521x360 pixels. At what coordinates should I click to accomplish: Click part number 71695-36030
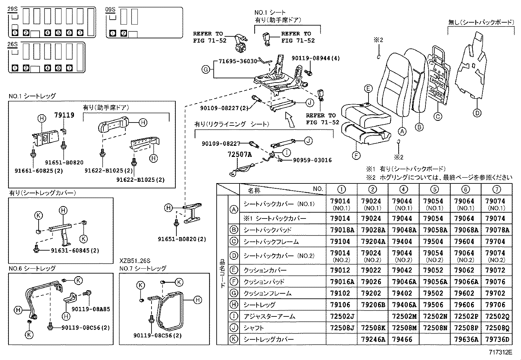click(238, 61)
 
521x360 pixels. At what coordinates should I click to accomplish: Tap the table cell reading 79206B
click(372, 305)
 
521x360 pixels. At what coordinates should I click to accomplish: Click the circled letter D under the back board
click(477, 113)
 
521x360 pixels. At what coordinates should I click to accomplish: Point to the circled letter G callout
click(206, 69)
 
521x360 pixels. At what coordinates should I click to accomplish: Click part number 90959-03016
click(312, 160)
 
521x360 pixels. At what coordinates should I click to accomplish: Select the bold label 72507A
click(240, 154)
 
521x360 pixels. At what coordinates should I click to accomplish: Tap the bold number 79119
click(64, 115)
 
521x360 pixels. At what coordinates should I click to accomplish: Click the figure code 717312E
click(501, 352)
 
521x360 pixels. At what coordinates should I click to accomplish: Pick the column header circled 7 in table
click(496, 189)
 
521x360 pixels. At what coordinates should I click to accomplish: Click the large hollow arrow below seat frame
click(290, 120)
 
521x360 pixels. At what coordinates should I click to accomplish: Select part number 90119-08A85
click(91, 309)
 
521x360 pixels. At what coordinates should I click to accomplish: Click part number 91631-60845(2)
click(75, 251)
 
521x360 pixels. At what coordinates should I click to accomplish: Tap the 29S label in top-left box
click(12, 9)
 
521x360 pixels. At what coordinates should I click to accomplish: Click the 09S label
click(111, 9)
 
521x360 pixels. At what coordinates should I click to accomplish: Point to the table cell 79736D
click(497, 340)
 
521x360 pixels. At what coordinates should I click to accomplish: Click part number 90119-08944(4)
click(315, 58)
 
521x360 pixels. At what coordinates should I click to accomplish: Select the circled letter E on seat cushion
click(368, 88)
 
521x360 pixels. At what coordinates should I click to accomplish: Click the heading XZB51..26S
click(135, 261)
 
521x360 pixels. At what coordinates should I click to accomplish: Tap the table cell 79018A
click(342, 230)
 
